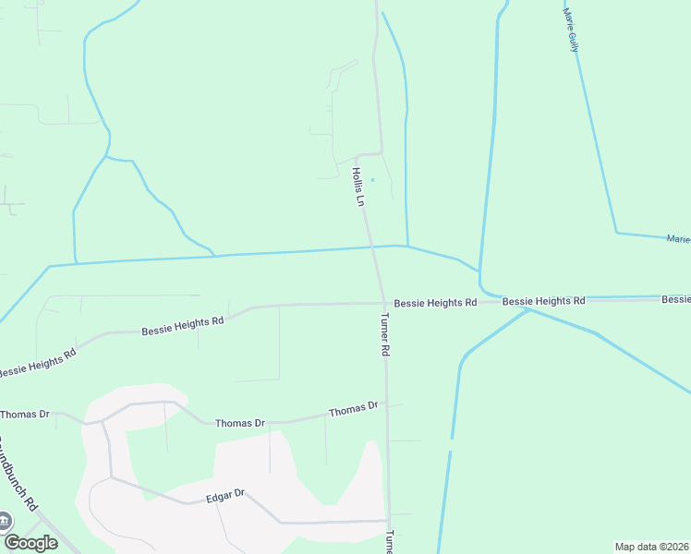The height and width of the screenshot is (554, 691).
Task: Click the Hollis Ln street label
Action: click(x=359, y=186)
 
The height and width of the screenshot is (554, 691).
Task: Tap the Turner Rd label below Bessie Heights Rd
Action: click(x=386, y=335)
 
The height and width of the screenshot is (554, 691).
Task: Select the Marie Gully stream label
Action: click(x=571, y=30)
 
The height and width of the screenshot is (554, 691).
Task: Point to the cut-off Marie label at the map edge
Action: click(x=678, y=239)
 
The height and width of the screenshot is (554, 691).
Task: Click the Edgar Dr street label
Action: click(x=225, y=495)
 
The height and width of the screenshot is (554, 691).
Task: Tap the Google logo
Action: click(x=30, y=543)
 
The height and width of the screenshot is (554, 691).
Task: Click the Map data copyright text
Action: click(x=652, y=547)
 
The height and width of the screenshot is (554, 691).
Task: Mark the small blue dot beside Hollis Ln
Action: click(x=373, y=179)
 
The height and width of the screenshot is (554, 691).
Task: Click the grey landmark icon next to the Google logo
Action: click(x=6, y=521)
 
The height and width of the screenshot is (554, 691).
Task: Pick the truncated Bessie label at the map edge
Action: click(x=676, y=299)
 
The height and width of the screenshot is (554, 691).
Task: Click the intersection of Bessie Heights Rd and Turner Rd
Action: click(x=384, y=303)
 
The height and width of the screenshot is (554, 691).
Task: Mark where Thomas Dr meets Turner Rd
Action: click(x=387, y=406)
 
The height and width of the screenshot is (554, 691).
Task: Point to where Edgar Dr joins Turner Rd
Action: click(x=388, y=520)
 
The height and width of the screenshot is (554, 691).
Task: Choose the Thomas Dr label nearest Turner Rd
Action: click(x=354, y=408)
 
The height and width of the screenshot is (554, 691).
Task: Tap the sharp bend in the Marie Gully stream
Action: click(x=616, y=233)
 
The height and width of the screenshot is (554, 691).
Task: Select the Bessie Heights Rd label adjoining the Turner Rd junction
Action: click(x=435, y=303)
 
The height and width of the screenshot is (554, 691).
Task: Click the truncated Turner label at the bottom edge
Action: click(x=390, y=541)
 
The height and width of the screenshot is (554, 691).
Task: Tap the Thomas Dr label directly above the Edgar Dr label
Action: click(x=240, y=423)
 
